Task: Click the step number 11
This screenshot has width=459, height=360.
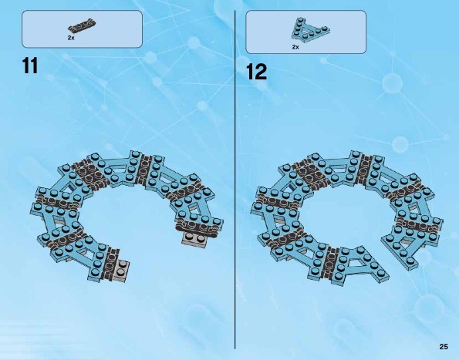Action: [30, 66]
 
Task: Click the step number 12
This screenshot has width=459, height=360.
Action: [257, 72]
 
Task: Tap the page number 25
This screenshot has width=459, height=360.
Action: [444, 347]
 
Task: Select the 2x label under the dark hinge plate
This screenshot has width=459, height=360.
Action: [71, 38]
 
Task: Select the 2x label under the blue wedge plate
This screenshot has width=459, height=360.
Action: [295, 47]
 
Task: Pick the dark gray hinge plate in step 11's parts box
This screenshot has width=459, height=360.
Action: [83, 26]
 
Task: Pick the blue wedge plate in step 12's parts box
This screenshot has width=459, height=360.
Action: [311, 30]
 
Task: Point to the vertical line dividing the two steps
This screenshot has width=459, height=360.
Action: [235, 180]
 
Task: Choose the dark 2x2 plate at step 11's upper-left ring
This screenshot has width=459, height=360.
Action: [89, 172]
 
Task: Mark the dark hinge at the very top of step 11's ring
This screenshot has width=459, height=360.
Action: [144, 168]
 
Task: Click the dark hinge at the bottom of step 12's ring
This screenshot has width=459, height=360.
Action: [330, 262]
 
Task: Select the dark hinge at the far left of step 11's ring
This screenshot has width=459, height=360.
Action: [59, 201]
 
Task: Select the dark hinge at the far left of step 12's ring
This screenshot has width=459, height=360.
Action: [279, 201]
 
